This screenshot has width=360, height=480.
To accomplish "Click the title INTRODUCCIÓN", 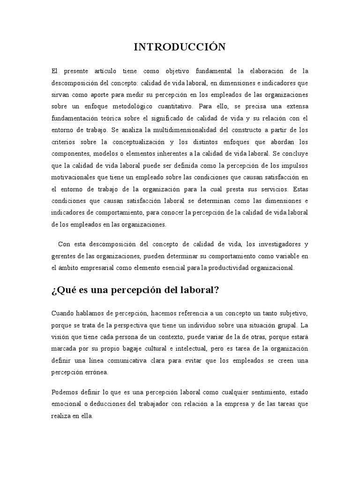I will coord(180,46).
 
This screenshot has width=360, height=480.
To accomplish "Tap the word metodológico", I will coord(156,106).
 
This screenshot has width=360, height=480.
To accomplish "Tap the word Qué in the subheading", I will coord(66,290).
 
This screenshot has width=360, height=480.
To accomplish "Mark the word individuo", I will coord(200,324).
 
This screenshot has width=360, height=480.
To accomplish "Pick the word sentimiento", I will coord(260,391).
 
